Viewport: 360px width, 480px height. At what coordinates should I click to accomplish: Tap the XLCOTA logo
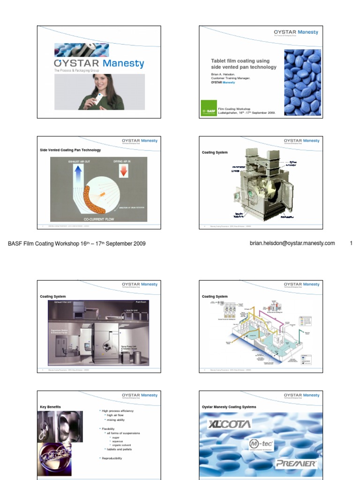(x=230, y=425)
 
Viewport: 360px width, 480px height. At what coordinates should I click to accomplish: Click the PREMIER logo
(x=296, y=464)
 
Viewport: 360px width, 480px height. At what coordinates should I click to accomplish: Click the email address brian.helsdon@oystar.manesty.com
(x=292, y=243)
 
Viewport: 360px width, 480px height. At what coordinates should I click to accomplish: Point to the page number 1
(x=351, y=243)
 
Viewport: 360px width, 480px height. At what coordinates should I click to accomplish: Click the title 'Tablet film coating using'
(x=240, y=61)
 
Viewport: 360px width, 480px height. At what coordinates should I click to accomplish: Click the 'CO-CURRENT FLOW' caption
(x=98, y=219)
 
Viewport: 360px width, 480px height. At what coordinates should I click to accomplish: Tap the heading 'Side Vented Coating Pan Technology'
(x=70, y=150)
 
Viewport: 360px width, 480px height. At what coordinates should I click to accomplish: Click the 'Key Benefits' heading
(x=51, y=406)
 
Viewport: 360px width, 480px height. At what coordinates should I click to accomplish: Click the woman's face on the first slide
(x=101, y=84)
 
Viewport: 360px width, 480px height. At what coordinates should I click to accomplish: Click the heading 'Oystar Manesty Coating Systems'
(x=229, y=407)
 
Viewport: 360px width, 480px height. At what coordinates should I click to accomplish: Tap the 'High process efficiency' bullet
(x=118, y=411)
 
